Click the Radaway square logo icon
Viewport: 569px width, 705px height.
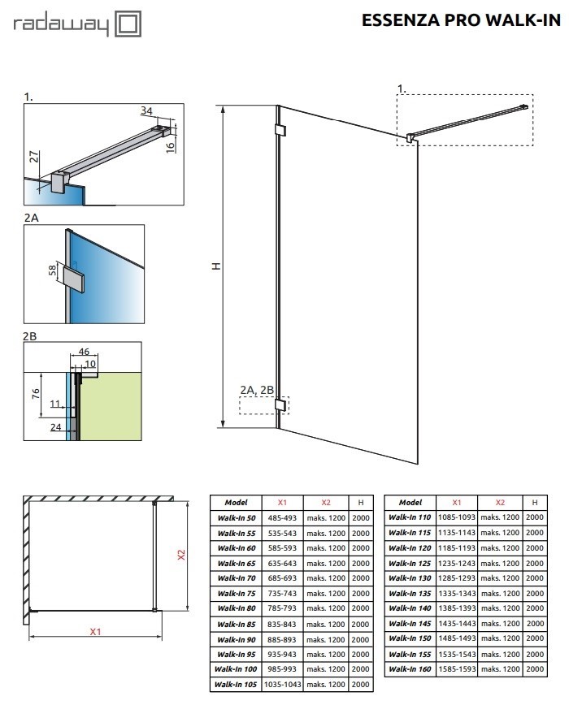click(x=128, y=24)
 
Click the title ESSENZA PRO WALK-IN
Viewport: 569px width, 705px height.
click(x=461, y=20)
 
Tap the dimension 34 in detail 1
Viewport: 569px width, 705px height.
click(x=146, y=110)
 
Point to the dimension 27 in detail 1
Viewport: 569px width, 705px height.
click(x=34, y=157)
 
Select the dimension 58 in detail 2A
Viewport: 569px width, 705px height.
click(x=53, y=270)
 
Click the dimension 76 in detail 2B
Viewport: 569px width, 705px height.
click(x=36, y=394)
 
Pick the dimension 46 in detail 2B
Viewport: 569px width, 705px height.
click(x=84, y=351)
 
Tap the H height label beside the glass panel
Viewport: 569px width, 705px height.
click(x=217, y=266)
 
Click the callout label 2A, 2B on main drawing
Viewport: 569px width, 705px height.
click(x=256, y=390)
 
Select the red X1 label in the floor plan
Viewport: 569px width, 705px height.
click(x=95, y=632)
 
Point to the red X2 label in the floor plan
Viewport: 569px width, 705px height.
click(x=180, y=555)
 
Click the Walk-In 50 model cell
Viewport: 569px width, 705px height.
click(x=237, y=518)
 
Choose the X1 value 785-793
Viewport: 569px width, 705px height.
click(x=282, y=608)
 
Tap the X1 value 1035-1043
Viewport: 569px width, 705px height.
click(x=283, y=685)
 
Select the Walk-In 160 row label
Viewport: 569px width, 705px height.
click(x=410, y=669)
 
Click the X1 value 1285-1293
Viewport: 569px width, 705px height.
click(x=457, y=578)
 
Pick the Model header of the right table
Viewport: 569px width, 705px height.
click(x=410, y=502)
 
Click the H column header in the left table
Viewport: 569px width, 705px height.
click(x=361, y=503)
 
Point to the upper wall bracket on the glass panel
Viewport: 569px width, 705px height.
click(x=280, y=130)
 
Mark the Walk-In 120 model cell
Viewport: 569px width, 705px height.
click(x=410, y=548)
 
